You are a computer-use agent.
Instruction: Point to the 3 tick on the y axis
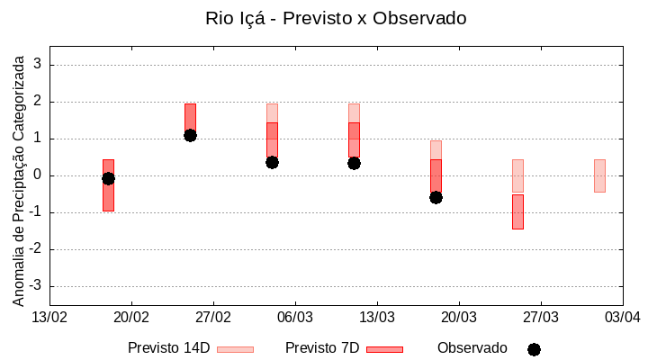click(x=38, y=65)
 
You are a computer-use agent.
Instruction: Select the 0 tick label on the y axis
click(x=38, y=175)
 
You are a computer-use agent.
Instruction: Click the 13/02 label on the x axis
click(x=49, y=317)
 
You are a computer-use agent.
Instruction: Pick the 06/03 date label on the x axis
click(x=294, y=317)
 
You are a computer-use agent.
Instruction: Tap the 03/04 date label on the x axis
click(x=622, y=317)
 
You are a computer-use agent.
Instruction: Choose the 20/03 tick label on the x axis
click(x=458, y=317)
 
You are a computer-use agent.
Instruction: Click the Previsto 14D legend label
click(x=168, y=348)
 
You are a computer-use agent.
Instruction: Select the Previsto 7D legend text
click(x=322, y=348)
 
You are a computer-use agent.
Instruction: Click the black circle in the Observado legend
click(x=534, y=349)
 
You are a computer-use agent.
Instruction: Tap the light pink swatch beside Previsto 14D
click(x=235, y=349)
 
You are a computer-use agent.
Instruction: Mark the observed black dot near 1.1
click(x=190, y=135)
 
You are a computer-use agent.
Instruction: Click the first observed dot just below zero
click(x=108, y=178)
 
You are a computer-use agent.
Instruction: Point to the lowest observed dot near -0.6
click(x=436, y=197)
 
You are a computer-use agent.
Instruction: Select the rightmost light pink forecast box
click(x=599, y=175)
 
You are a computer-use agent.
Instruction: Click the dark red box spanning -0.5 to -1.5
click(x=517, y=211)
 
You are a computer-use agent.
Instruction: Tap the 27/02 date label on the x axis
click(x=213, y=317)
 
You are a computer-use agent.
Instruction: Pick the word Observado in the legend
click(x=472, y=348)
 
